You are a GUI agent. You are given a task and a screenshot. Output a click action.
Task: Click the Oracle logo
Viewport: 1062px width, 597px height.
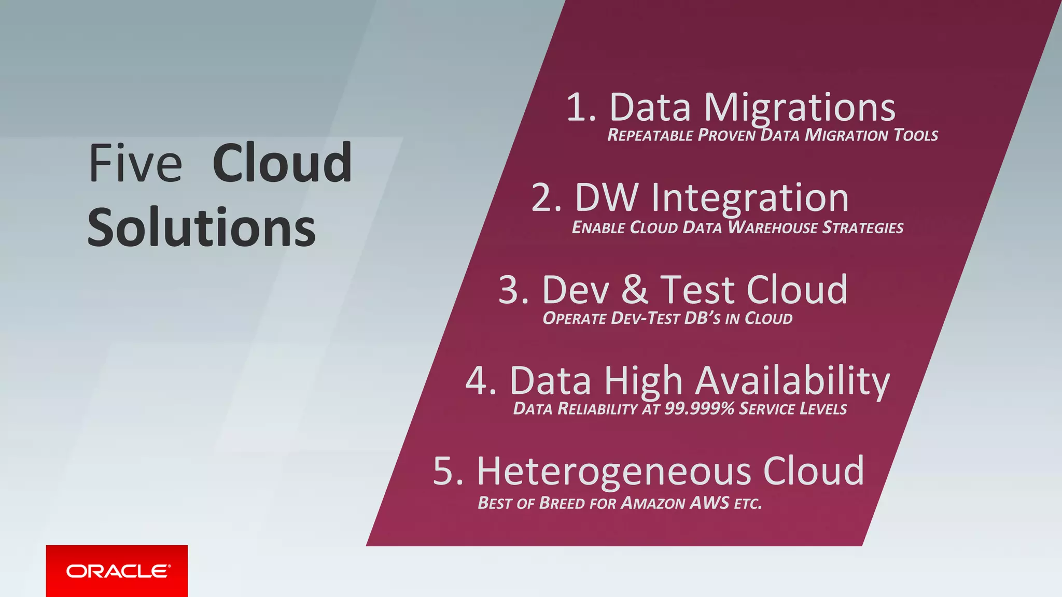pyautogui.click(x=117, y=571)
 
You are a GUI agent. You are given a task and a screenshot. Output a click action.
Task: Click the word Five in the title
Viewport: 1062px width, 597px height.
pyautogui.click(x=135, y=164)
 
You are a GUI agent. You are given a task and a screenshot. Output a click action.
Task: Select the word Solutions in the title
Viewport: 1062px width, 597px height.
pyautogui.click(x=201, y=228)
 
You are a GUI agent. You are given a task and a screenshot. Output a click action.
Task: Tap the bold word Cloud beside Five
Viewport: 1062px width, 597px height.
pyautogui.click(x=282, y=164)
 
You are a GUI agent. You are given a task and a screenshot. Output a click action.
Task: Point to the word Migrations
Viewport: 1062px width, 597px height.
pyautogui.click(x=799, y=108)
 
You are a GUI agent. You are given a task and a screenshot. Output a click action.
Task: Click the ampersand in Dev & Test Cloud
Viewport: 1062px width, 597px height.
pyautogui.click(x=634, y=290)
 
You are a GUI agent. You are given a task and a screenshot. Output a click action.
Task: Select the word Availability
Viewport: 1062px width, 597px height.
pyautogui.click(x=792, y=382)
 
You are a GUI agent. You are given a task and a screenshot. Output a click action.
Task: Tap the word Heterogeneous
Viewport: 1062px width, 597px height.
pyautogui.click(x=613, y=472)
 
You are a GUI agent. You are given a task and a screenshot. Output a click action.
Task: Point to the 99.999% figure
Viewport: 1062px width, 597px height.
pyautogui.click(x=700, y=409)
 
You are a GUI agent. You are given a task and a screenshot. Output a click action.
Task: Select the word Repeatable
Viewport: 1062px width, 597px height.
pyautogui.click(x=650, y=136)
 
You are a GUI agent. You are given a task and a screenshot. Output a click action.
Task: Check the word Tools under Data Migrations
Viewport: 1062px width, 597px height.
pyautogui.click(x=916, y=136)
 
